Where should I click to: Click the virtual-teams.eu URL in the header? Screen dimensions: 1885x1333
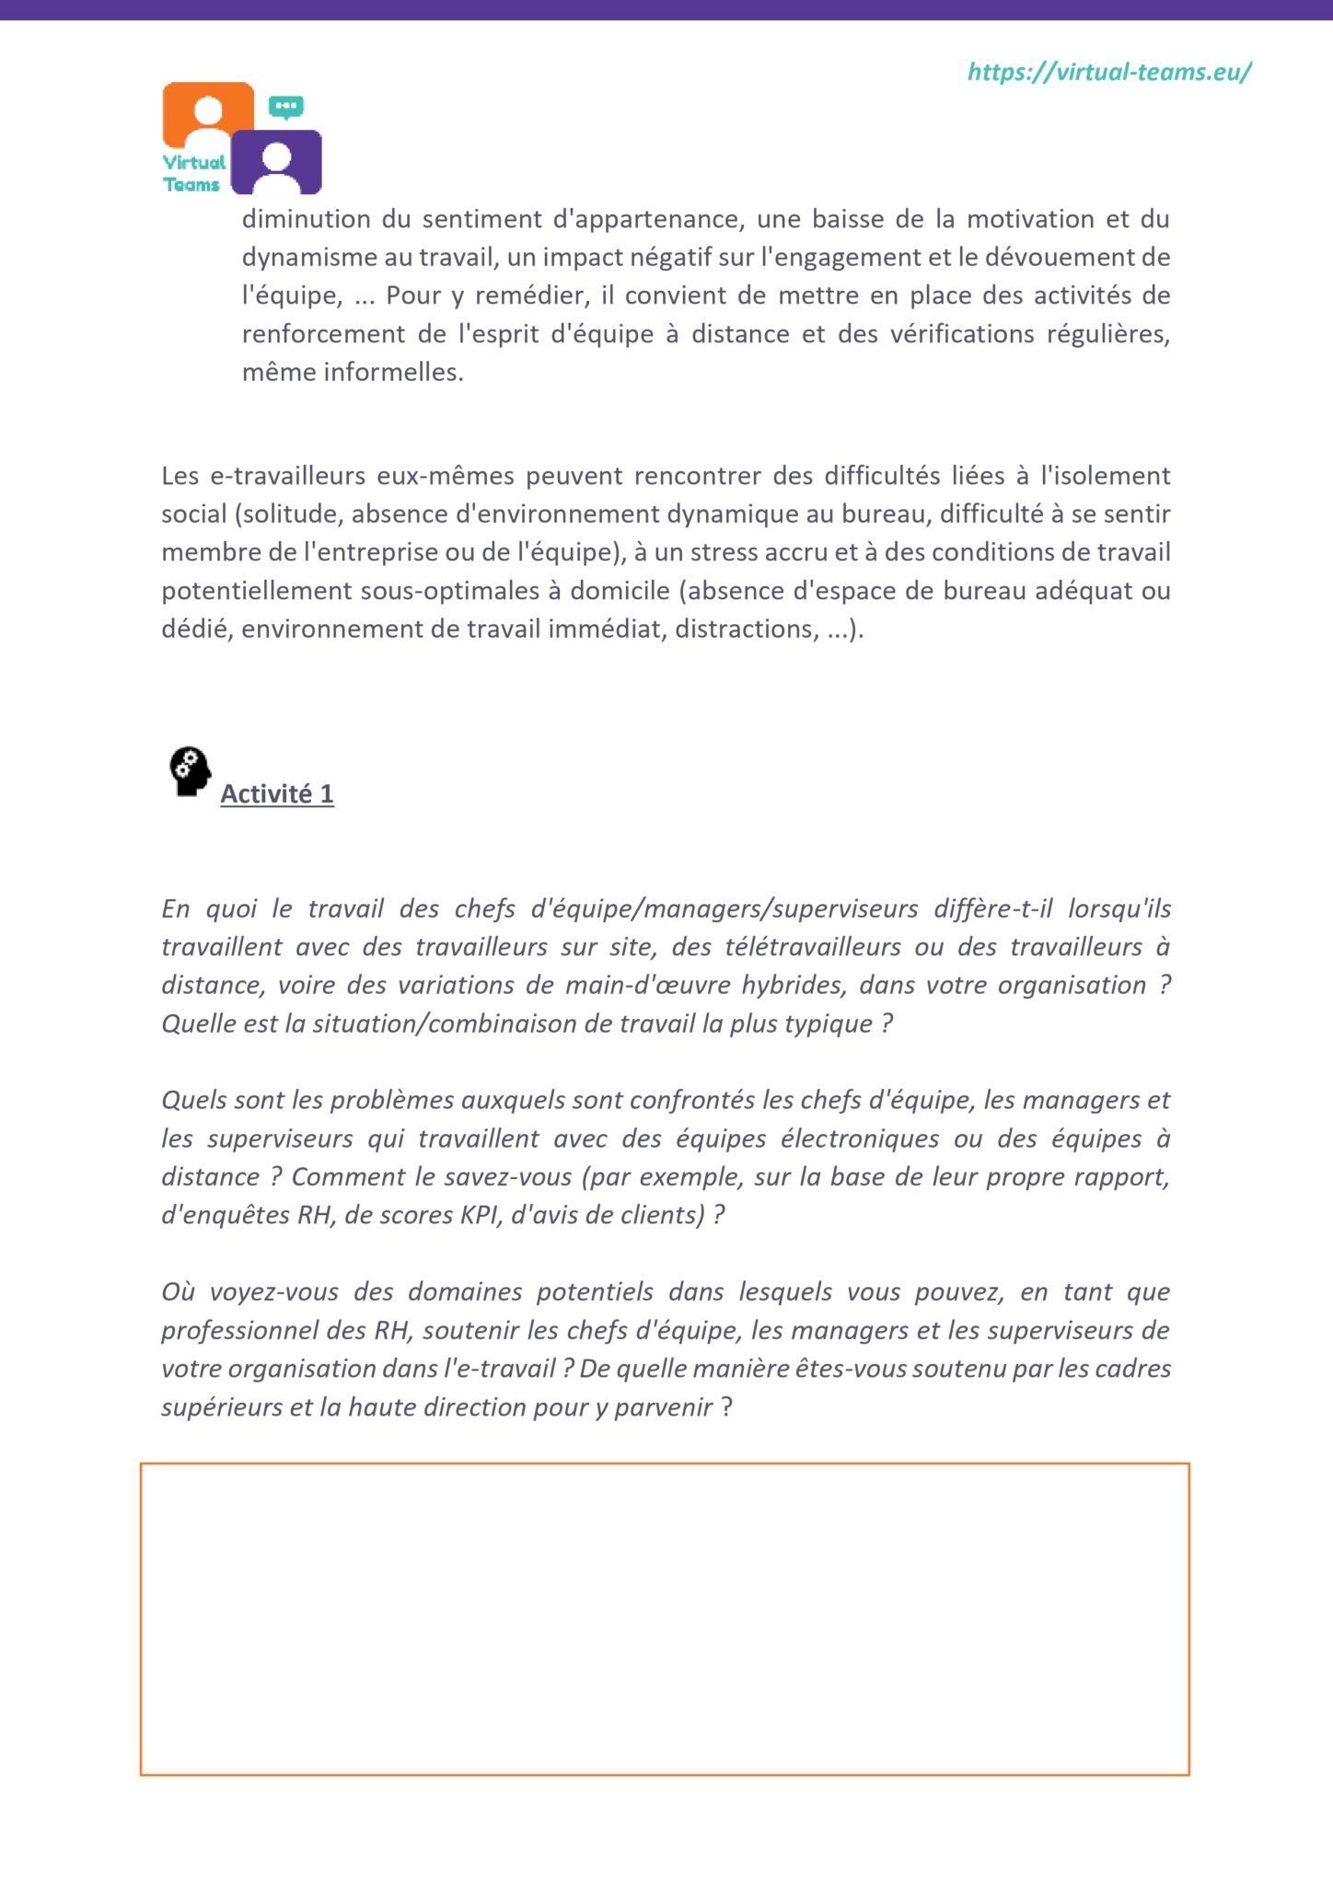pyautogui.click(x=1109, y=73)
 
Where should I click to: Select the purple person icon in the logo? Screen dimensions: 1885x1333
pyautogui.click(x=276, y=162)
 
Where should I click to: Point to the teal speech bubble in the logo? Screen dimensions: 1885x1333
pyautogui.click(x=286, y=107)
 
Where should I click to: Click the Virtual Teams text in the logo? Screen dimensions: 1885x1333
pyautogui.click(x=193, y=173)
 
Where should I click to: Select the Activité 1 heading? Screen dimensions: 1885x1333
pyautogui.click(x=277, y=793)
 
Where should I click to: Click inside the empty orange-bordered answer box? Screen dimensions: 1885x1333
pyautogui.click(x=665, y=1618)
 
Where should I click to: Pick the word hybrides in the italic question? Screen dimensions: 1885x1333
pyautogui.click(x=793, y=986)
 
